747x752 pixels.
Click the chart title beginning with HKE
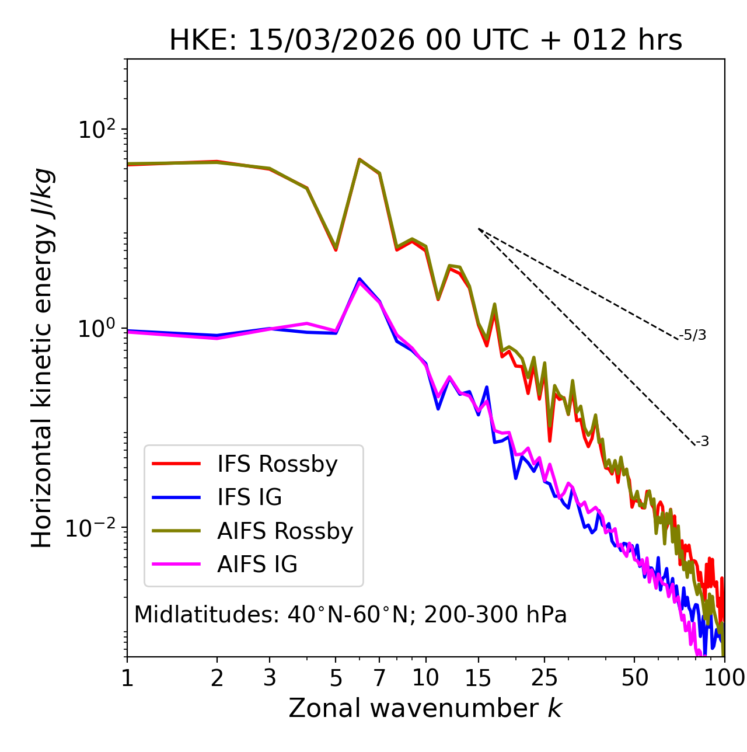click(x=425, y=40)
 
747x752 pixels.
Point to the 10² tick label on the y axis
click(x=97, y=130)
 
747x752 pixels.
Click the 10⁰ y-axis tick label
click(x=97, y=329)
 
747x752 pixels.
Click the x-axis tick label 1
click(x=127, y=678)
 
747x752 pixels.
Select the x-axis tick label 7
click(x=379, y=678)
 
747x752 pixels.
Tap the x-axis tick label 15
click(x=478, y=678)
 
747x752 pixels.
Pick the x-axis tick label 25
click(x=544, y=678)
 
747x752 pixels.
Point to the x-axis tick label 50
click(x=634, y=678)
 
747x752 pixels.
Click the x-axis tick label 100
click(x=724, y=678)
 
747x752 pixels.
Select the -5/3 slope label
click(x=693, y=335)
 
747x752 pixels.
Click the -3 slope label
click(x=702, y=442)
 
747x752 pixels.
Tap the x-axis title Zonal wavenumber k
click(x=425, y=708)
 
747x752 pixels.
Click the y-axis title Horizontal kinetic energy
click(x=43, y=358)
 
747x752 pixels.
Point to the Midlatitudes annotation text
click(x=350, y=615)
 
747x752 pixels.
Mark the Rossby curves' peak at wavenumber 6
click(x=359, y=159)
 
